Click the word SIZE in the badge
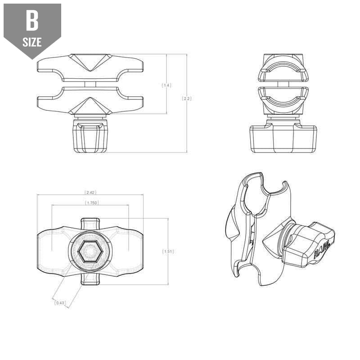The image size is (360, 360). click(x=32, y=42)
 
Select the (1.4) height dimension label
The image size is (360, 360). click(x=166, y=85)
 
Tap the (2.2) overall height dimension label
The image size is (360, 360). click(x=186, y=98)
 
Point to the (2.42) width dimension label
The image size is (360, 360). click(x=90, y=193)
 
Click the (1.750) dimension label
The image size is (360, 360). click(x=92, y=203)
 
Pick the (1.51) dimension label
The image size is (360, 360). click(x=168, y=252)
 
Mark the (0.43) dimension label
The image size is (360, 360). click(x=60, y=303)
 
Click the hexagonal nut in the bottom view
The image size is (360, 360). click(x=89, y=252)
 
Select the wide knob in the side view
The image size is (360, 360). click(x=283, y=139)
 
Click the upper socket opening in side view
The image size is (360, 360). click(x=283, y=70)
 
